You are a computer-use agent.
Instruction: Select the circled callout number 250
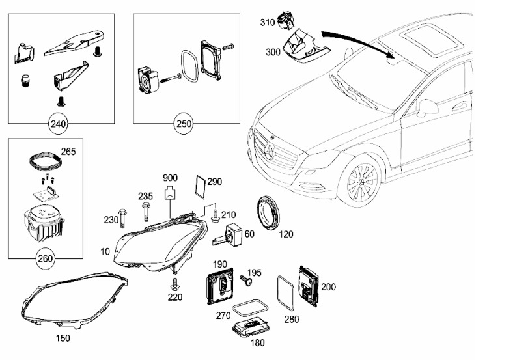pos(183,123)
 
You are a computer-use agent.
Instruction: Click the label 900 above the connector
pos(170,178)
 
